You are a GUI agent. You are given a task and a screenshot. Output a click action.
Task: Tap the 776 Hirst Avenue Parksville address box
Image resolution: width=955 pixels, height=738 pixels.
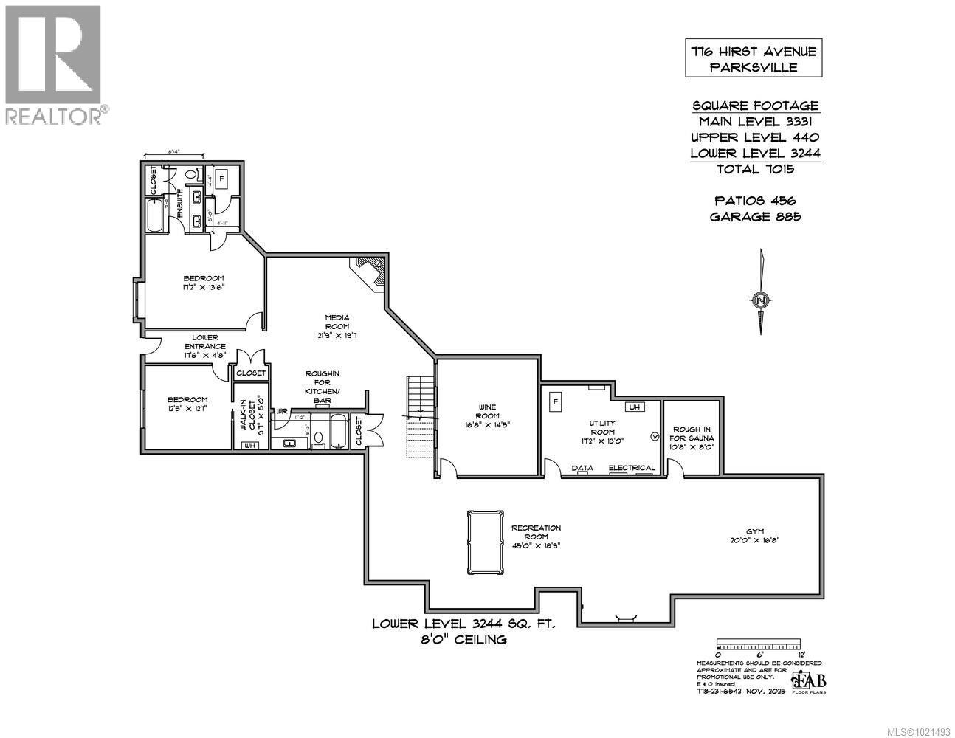tap(753, 59)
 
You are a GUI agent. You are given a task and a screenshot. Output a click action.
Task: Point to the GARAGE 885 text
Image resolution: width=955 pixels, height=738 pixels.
tap(754, 216)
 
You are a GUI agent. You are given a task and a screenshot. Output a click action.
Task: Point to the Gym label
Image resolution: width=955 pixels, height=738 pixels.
tap(754, 535)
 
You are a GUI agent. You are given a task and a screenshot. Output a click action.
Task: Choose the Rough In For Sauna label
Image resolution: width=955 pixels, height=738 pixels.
tap(692, 438)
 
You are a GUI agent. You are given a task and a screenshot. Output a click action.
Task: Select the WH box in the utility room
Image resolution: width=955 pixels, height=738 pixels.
tap(634, 407)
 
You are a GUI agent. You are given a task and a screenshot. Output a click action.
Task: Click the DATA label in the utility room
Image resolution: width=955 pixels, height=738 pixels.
tap(583, 467)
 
